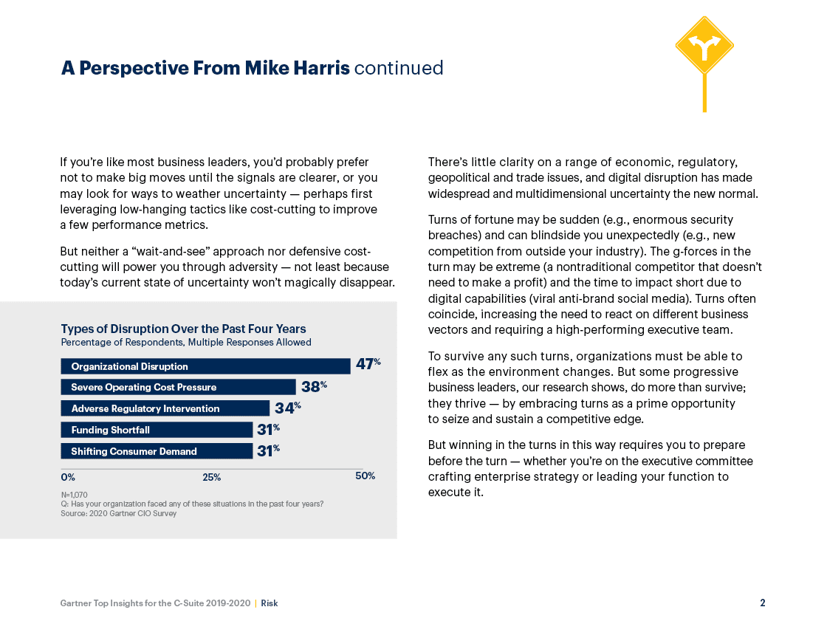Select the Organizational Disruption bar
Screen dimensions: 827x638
click(206, 366)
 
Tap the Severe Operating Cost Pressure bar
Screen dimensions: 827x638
click(178, 387)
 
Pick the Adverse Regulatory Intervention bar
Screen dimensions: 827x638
click(165, 408)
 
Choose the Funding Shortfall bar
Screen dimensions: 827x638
click(157, 430)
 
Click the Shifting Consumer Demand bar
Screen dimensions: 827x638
click(157, 451)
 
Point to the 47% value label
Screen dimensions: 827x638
click(368, 364)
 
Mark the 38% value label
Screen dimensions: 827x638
click(314, 386)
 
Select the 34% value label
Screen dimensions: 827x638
click(287, 407)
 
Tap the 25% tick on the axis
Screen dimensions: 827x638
click(211, 477)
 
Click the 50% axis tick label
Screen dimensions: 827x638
click(365, 476)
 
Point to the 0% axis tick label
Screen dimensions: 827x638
click(68, 477)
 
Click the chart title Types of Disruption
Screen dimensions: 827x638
click(184, 329)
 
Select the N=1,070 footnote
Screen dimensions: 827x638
click(74, 495)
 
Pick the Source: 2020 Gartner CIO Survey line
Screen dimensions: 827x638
click(119, 513)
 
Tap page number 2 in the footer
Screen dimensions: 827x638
click(763, 603)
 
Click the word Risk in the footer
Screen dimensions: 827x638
click(269, 603)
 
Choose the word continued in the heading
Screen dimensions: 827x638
click(399, 68)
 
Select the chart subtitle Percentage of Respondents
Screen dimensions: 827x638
click(186, 342)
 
